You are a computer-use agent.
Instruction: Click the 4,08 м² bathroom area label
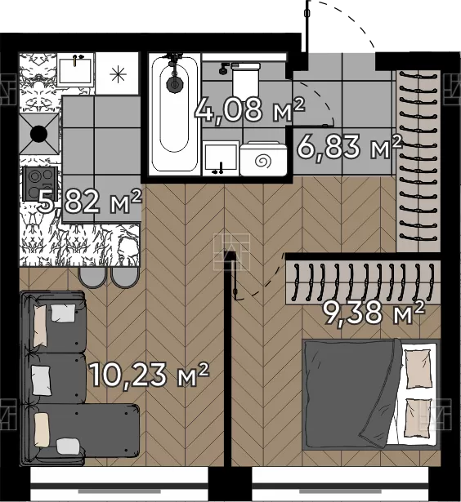250,110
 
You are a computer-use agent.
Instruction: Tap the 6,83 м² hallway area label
349,147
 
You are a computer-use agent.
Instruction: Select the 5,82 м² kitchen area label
89,202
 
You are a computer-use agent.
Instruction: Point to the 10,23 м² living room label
150,375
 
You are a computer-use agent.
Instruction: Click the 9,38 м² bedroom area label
374,312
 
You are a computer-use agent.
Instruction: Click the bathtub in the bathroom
174,114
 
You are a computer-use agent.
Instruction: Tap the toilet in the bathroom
246,77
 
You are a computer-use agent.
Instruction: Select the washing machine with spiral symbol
263,159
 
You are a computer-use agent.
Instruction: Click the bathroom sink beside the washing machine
222,158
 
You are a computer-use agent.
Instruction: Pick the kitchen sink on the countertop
76,70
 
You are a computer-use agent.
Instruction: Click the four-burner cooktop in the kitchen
40,184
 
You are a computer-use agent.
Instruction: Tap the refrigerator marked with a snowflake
118,73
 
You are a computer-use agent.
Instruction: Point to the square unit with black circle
39,134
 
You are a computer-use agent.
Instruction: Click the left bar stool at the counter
92,278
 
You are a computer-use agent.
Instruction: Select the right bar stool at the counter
125,278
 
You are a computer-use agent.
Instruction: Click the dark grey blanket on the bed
351,393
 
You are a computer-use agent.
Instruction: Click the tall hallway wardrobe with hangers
418,161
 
